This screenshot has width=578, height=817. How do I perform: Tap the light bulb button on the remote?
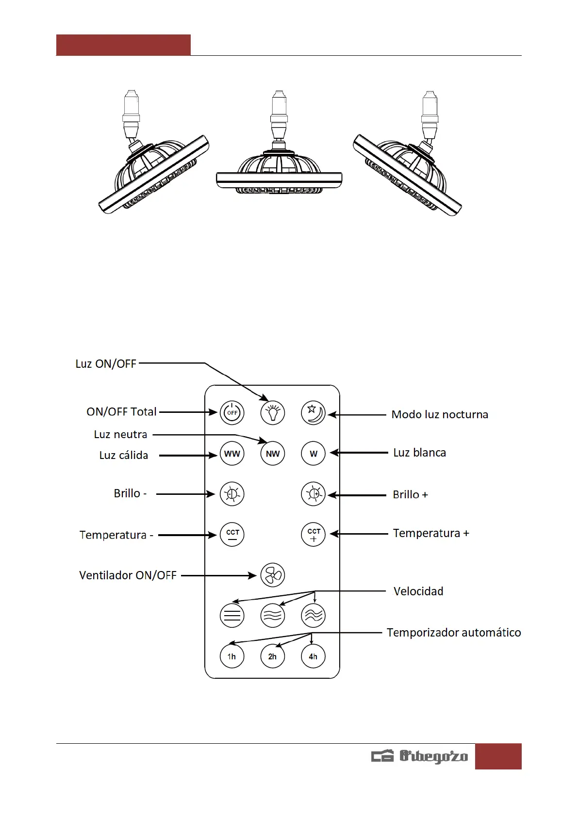coord(273,413)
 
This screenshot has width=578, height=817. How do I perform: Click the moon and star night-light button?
coord(313,413)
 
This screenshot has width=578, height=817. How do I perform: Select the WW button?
coord(232,454)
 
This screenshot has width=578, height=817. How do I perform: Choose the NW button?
coord(273,454)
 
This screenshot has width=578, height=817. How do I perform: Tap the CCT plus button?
coord(313,534)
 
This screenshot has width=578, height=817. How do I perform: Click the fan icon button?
coord(273,575)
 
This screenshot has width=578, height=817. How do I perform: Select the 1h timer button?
coord(232,656)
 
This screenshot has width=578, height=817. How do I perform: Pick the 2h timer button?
coord(273,656)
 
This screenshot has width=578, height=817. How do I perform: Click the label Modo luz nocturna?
coord(440,414)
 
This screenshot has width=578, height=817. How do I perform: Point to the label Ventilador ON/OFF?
coord(128,575)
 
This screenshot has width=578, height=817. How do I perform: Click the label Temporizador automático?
coord(454,633)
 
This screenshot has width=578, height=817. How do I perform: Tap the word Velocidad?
coord(418,591)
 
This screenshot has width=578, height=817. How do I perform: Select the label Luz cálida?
coord(124,455)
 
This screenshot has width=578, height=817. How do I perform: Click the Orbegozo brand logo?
coord(420,756)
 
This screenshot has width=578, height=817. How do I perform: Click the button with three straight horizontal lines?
coord(232,616)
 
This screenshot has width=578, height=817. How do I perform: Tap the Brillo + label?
coord(410,494)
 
